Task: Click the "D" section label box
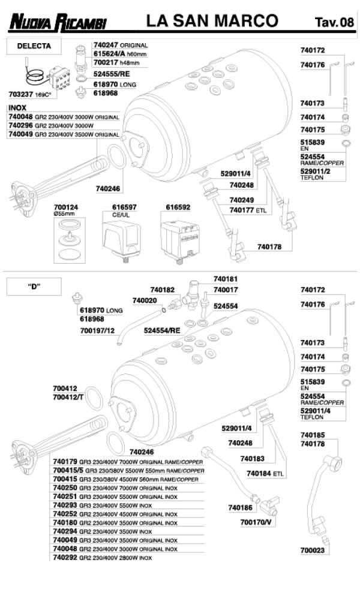coord(34,286)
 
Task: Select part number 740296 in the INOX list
coord(21,126)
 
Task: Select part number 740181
coord(226,279)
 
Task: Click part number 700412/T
coord(68,397)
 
